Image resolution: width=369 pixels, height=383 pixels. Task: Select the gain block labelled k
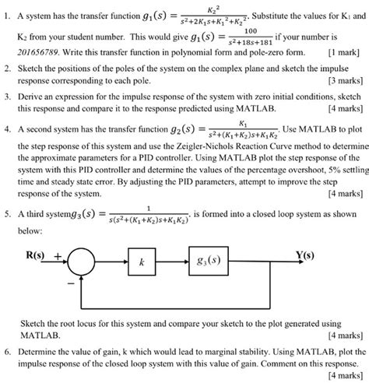point(142,262)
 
